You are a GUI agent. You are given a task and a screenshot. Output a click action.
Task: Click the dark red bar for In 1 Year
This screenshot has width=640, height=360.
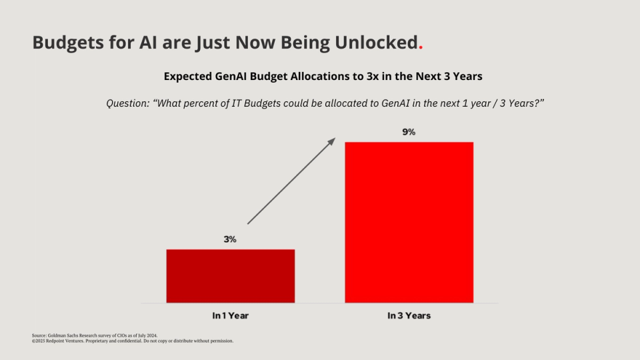coord(230,276)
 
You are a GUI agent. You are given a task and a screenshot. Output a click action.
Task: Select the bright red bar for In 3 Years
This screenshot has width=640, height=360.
coord(409,222)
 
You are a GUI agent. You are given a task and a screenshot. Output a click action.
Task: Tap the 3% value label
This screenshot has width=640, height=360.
coord(230,239)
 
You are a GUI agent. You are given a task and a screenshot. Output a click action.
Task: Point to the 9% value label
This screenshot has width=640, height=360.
coord(409,132)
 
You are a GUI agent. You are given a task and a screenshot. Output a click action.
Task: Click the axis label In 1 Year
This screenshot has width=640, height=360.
coord(230,315)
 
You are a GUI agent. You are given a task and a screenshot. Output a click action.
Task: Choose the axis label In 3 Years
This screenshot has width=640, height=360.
coord(409,315)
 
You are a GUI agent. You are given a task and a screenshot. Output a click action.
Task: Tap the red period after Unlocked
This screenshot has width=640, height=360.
coord(420,47)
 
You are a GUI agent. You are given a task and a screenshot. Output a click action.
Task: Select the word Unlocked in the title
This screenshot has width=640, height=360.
coord(377,43)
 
